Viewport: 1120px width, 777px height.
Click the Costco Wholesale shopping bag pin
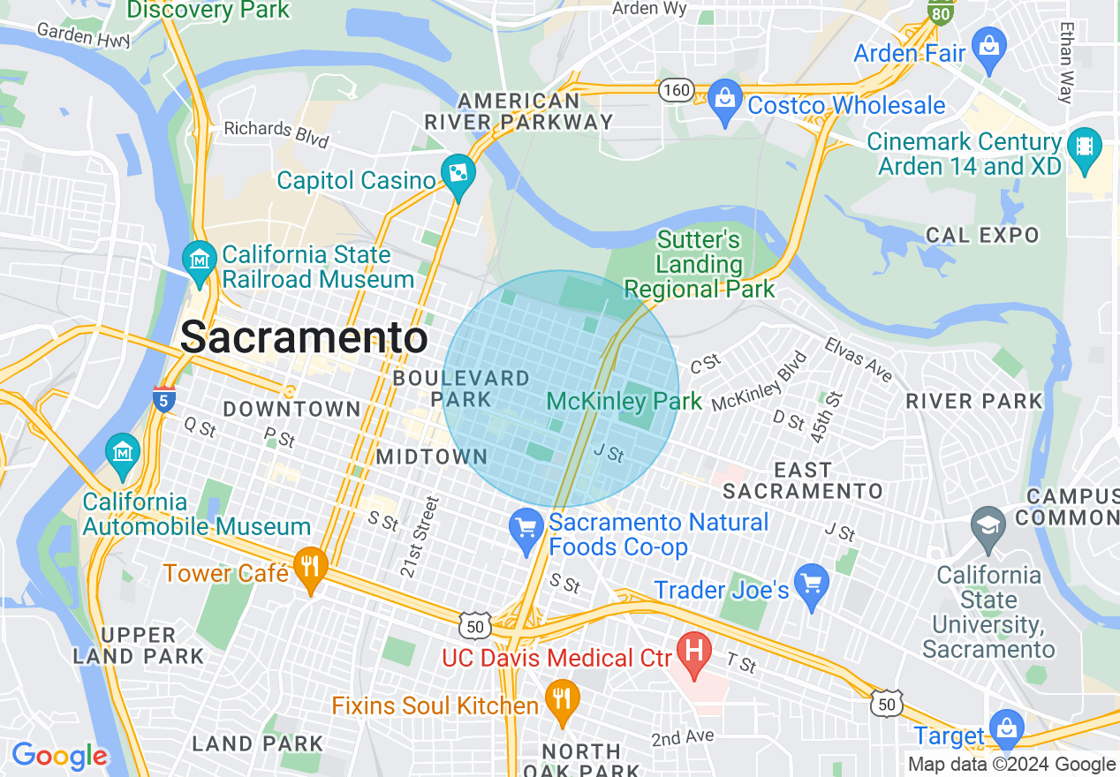coord(725,102)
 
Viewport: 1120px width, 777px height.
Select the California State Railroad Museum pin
coord(200,261)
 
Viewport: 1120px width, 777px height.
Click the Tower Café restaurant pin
coord(310,568)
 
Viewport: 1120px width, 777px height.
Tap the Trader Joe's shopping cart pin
coord(811,585)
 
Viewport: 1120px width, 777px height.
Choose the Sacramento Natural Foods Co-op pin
coord(526,531)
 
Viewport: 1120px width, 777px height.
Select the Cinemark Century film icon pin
coord(1084,148)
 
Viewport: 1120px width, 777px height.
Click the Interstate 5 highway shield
coord(163,399)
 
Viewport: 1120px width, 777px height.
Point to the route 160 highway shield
coord(676,90)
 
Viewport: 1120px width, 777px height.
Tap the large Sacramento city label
coord(305,337)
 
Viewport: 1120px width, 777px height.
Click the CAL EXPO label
coord(982,235)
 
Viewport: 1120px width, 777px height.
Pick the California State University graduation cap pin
coord(988,525)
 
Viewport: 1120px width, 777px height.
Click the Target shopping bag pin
coord(1006,730)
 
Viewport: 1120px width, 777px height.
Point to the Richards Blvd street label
coord(276,133)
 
